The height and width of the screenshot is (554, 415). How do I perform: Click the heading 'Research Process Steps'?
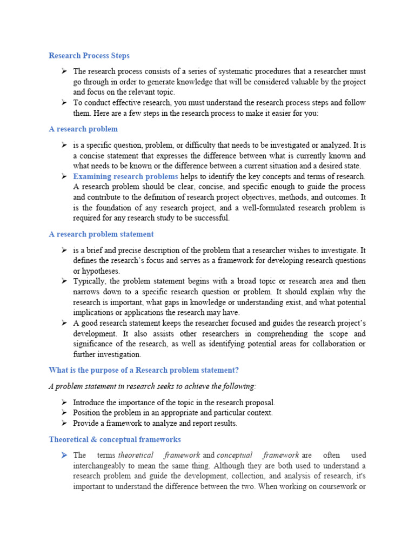click(89, 56)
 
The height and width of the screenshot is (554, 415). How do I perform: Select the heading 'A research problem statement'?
click(101, 234)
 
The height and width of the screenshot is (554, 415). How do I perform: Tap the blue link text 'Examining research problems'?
click(125, 176)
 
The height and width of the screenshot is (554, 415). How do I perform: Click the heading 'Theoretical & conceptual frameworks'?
click(115, 439)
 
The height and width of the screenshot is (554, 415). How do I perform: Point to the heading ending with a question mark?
click(143, 370)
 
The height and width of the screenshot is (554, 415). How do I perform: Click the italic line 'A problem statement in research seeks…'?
click(153, 386)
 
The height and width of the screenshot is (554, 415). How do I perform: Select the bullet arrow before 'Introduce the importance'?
click(64, 403)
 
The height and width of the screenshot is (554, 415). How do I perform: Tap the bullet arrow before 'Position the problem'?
click(64, 413)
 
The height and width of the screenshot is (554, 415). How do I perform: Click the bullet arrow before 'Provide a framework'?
click(64, 423)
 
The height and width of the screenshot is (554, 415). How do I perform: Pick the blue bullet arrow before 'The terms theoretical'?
click(64, 455)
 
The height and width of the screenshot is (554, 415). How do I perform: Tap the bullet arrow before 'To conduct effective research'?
click(64, 103)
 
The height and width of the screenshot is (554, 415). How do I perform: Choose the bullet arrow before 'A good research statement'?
click(64, 323)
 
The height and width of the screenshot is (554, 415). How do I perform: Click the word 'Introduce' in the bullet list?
click(90, 403)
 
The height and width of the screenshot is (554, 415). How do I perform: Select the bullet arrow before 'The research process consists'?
click(64, 71)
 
